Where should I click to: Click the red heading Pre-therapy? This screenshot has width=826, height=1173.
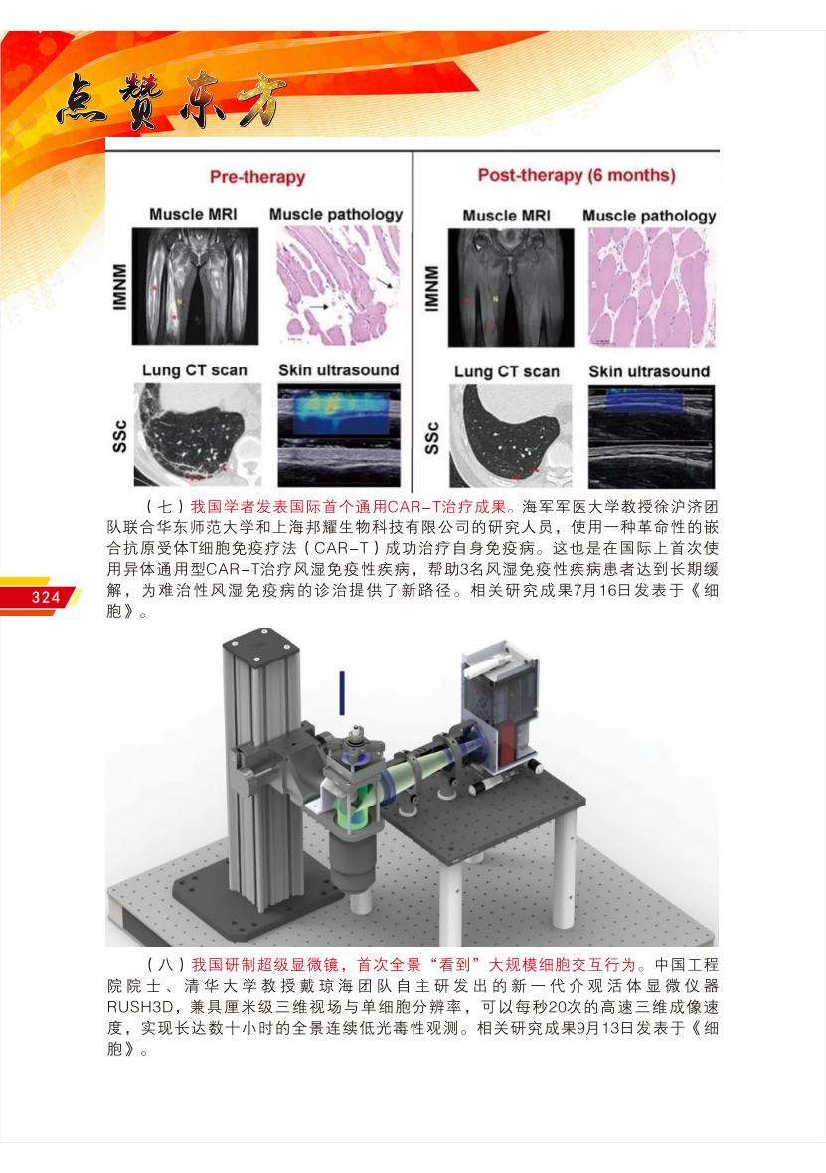tap(256, 177)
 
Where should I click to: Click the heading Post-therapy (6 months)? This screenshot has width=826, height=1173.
tap(577, 175)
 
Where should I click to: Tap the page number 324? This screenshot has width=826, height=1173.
tap(45, 596)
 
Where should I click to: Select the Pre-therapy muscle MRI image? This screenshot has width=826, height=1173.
tap(196, 286)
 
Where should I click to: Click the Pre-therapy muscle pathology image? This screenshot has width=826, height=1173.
tap(339, 286)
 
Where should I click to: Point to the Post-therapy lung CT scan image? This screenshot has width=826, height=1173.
tap(510, 436)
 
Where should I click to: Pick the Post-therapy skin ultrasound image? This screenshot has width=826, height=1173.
tap(651, 437)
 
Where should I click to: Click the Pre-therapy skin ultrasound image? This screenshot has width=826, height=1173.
tap(339, 435)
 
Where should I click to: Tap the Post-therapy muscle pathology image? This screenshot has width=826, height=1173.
tap(651, 288)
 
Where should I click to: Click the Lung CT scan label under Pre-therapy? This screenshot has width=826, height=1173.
tap(194, 370)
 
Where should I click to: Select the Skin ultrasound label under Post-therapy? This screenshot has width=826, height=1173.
tap(649, 371)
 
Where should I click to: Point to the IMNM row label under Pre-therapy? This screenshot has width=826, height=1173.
tap(119, 286)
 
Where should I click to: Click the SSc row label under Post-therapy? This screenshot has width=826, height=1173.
tap(432, 438)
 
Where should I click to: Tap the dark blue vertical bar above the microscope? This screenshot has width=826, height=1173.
tap(342, 692)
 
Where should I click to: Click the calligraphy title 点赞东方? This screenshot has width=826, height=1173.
tap(171, 100)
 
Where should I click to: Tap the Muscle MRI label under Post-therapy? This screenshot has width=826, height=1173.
tap(506, 216)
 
